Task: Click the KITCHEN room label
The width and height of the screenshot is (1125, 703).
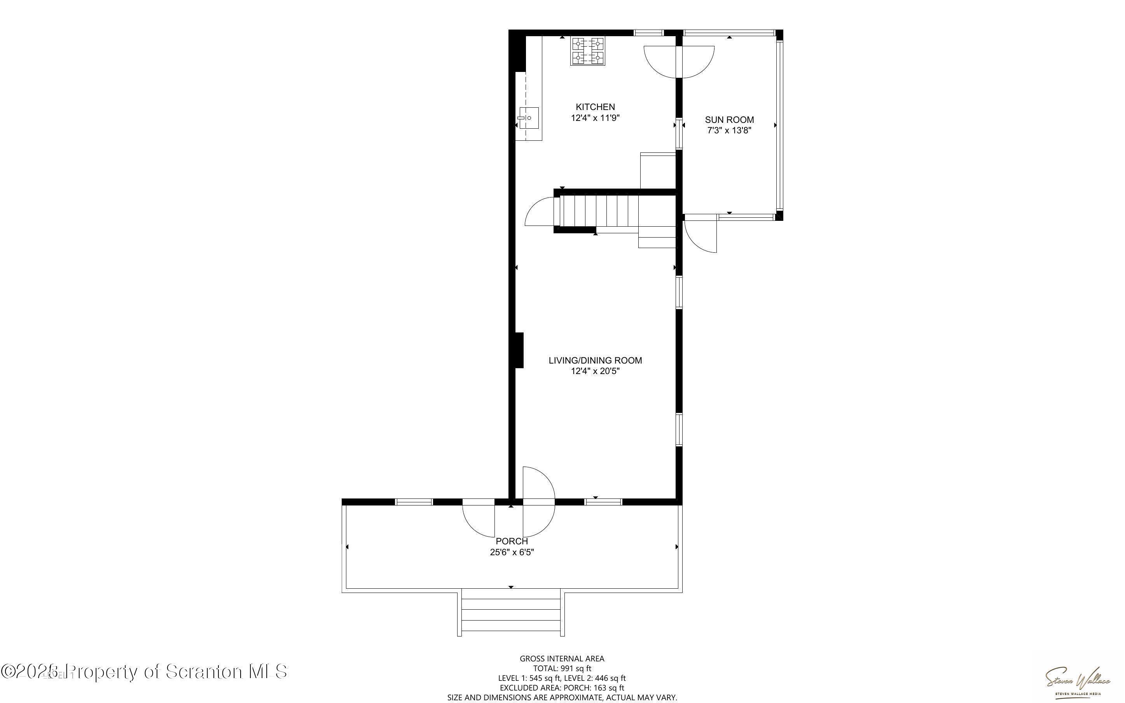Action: click(x=595, y=107)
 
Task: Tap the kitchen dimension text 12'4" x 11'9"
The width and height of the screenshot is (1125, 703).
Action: click(x=595, y=118)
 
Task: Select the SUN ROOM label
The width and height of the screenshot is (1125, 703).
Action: click(x=729, y=119)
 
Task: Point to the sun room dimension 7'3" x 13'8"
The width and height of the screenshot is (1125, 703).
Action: click(x=729, y=131)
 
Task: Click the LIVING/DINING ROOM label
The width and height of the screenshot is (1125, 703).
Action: click(x=595, y=360)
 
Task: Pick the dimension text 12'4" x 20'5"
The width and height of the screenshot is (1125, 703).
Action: click(x=595, y=371)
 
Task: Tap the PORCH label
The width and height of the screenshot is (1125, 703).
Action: click(x=512, y=541)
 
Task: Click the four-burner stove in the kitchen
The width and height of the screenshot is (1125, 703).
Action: click(x=588, y=51)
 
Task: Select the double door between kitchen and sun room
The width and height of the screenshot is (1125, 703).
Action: click(x=679, y=61)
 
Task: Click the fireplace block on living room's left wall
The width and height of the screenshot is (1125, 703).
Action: click(x=519, y=350)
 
